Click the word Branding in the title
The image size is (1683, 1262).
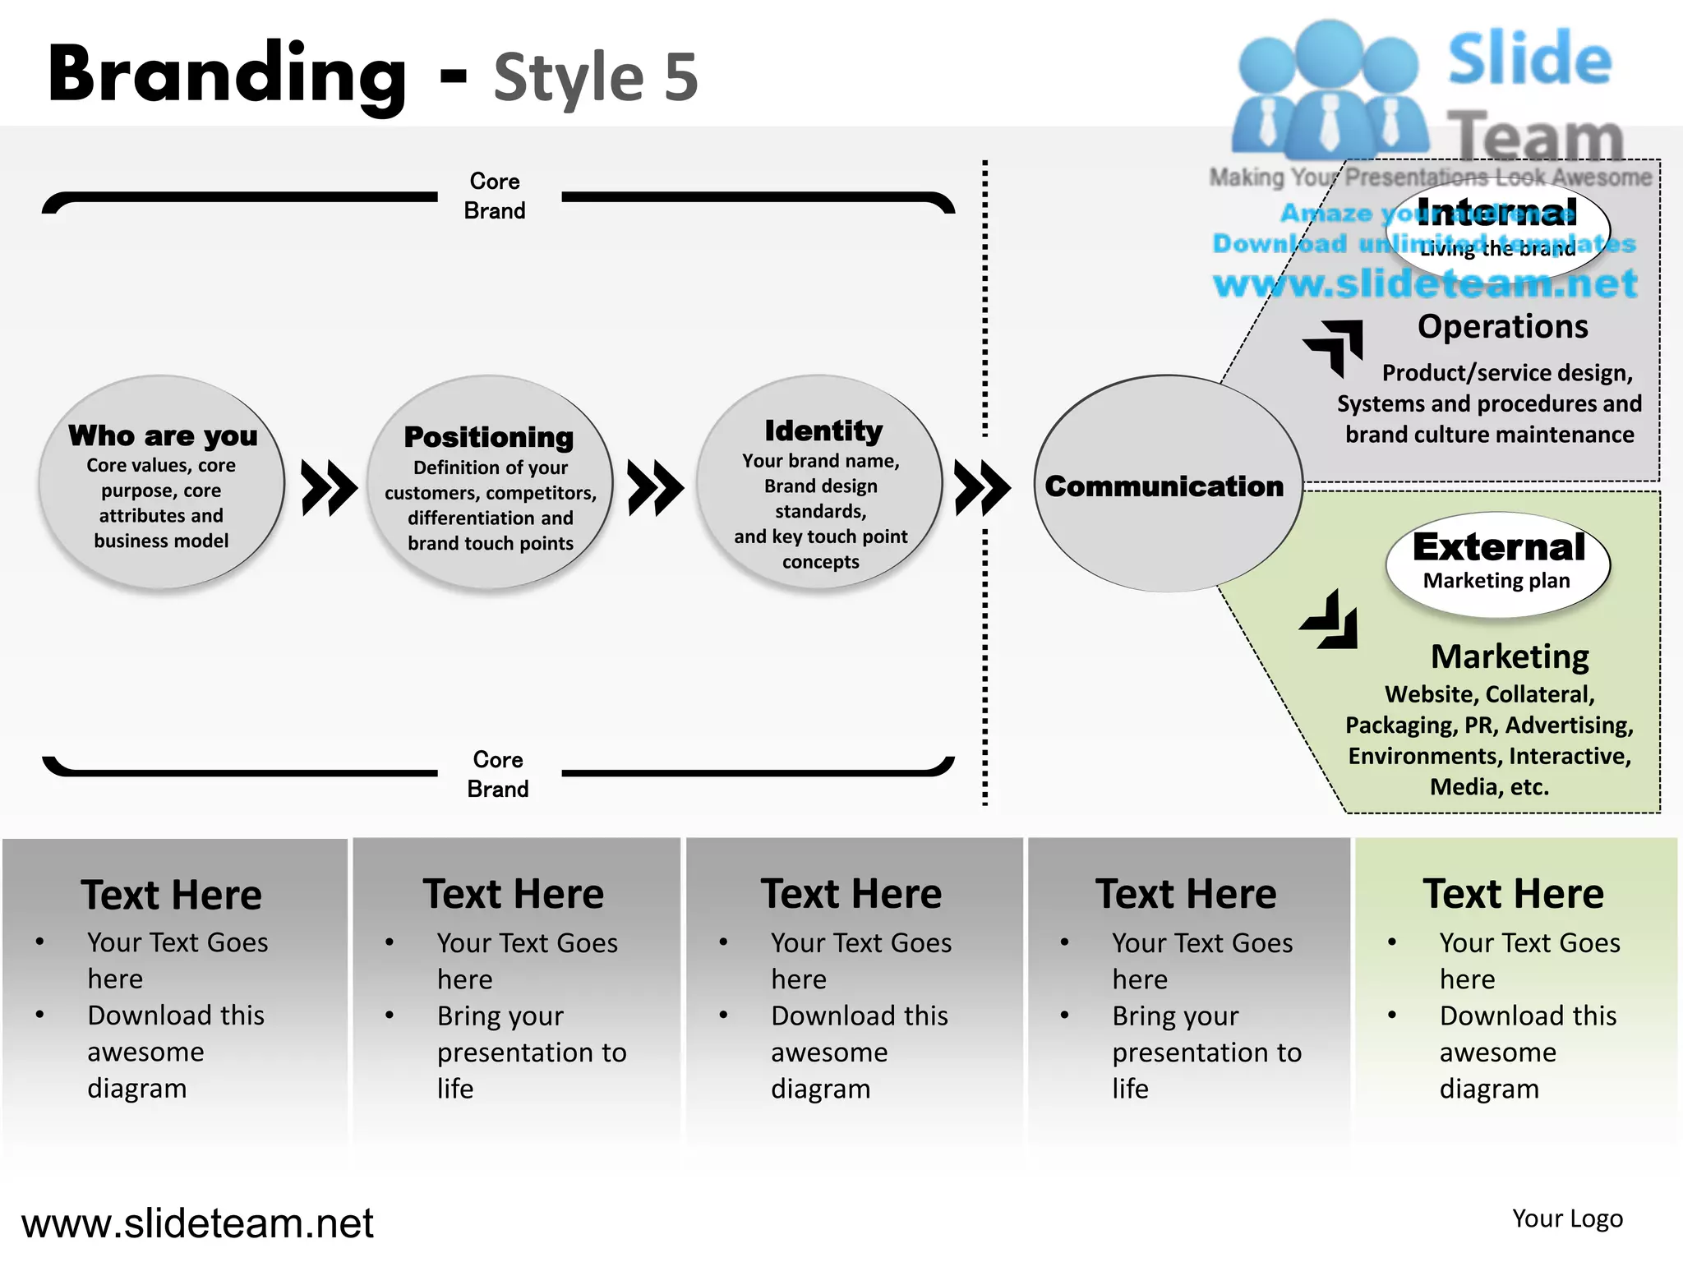[x=227, y=76]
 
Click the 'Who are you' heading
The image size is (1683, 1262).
[x=163, y=435]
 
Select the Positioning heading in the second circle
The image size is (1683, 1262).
[x=489, y=437]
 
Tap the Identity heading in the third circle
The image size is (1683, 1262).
[x=823, y=431]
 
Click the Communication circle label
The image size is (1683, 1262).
[x=1164, y=486]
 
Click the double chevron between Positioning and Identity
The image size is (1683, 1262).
[x=655, y=488]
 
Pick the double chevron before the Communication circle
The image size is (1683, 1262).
[x=982, y=488]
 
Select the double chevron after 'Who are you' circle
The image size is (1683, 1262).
[x=329, y=488]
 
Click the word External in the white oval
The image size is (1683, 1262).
[x=1499, y=547]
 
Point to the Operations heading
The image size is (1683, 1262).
[x=1502, y=327]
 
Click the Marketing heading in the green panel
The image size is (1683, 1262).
[x=1510, y=656]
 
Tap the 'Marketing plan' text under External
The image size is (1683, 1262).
[x=1496, y=581]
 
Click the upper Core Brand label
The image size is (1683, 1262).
[x=495, y=196]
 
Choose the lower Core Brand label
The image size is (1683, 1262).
[x=498, y=774]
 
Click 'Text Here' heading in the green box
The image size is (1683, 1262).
[x=1513, y=894]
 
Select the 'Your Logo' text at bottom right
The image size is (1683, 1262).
[x=1567, y=1218]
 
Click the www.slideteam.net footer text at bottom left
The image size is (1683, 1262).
[x=197, y=1223]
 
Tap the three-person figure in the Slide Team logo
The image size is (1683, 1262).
[x=1329, y=90]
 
